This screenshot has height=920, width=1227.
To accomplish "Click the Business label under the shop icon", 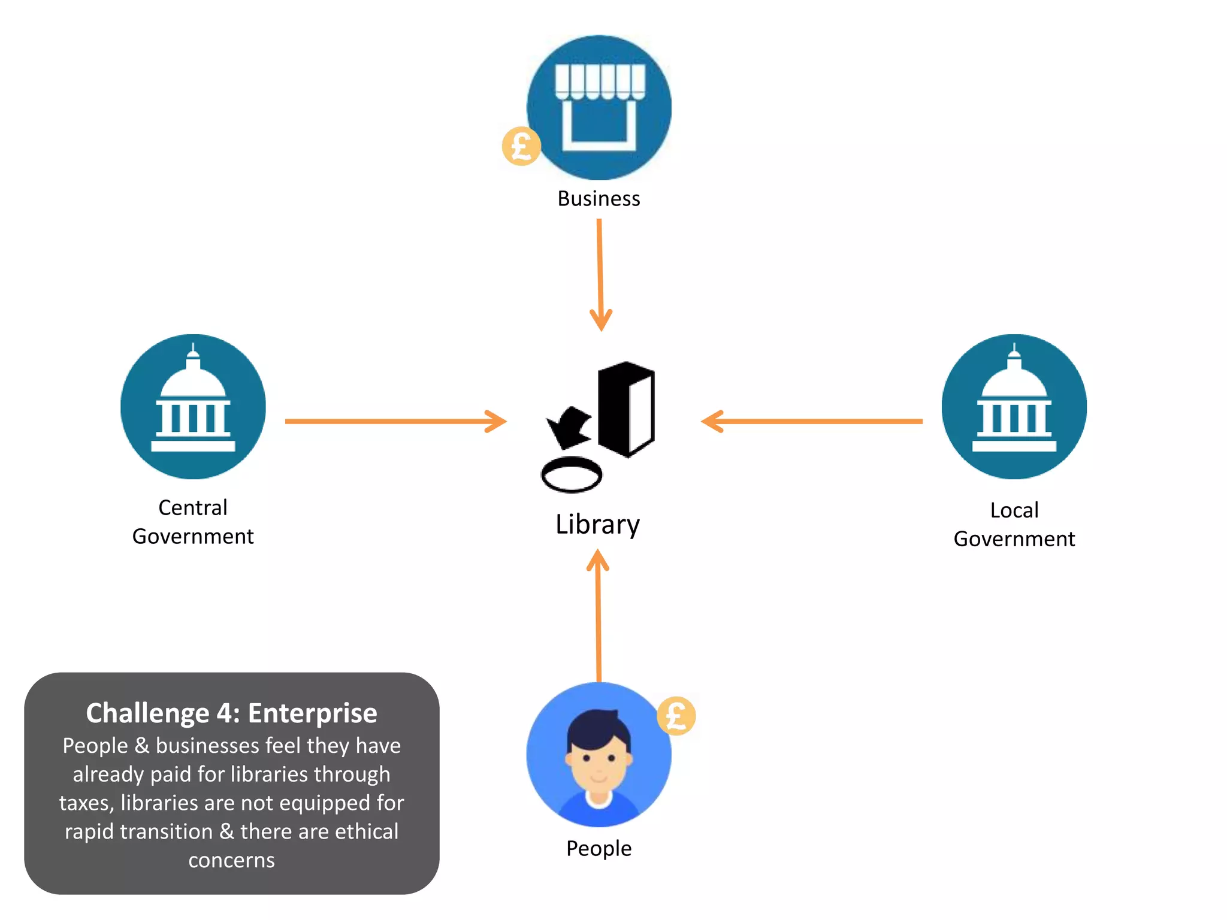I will click(599, 199).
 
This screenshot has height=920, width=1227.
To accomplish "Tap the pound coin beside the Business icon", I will click(521, 146).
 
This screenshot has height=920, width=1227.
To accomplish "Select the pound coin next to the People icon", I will click(676, 716).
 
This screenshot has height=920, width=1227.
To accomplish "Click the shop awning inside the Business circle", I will click(600, 81).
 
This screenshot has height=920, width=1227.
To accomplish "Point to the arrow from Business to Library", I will click(600, 276).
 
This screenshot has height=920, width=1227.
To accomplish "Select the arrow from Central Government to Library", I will click(395, 421).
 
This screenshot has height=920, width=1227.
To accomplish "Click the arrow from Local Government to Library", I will click(812, 421).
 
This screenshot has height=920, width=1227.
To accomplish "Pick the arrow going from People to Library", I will click(598, 617).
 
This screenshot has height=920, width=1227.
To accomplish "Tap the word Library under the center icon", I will click(597, 525).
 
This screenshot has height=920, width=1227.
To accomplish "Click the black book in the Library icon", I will click(626, 409).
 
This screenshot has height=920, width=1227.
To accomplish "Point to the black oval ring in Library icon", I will click(571, 475).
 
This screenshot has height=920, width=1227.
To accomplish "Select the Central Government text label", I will click(193, 522).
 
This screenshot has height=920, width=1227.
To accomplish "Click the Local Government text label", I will click(1014, 524).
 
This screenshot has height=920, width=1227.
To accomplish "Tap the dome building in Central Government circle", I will click(193, 401).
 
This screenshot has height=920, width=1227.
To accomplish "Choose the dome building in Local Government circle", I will click(1014, 401).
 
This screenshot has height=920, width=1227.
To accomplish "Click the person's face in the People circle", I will click(599, 758).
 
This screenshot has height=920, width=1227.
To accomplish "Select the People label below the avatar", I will click(599, 849).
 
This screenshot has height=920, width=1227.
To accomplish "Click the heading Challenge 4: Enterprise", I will click(231, 713).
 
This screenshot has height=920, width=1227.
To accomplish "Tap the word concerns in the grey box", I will click(231, 860).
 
